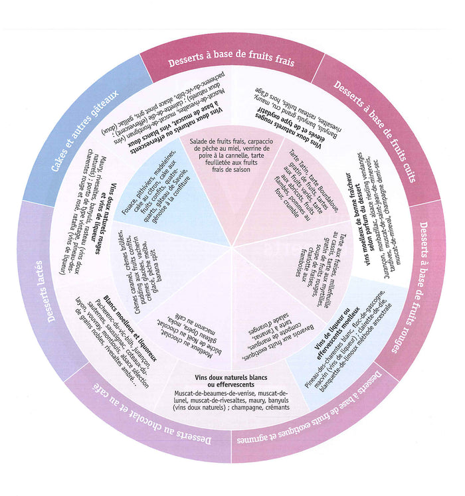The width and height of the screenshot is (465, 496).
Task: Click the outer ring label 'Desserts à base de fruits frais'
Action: pyautogui.click(x=231, y=62)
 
